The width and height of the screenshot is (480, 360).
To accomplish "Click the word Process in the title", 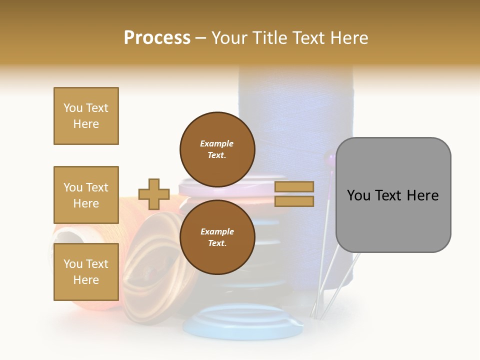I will coord(157,38).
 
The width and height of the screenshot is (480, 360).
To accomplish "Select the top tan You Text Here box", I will coord(86,116).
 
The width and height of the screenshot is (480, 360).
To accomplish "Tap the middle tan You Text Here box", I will coord(86,195).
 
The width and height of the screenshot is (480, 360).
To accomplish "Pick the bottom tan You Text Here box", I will coord(86,272).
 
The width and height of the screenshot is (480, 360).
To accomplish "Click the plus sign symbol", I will coord(154,194).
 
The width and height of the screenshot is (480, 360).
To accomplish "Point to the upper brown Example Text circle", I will coord(217,149).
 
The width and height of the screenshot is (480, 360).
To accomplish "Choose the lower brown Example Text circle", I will coord(217,237).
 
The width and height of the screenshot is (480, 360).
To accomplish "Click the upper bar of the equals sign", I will coord(294,186).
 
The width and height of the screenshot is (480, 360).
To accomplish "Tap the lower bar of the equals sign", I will coord(294,201).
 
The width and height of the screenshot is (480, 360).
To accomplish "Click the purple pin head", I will coord(330,159).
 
